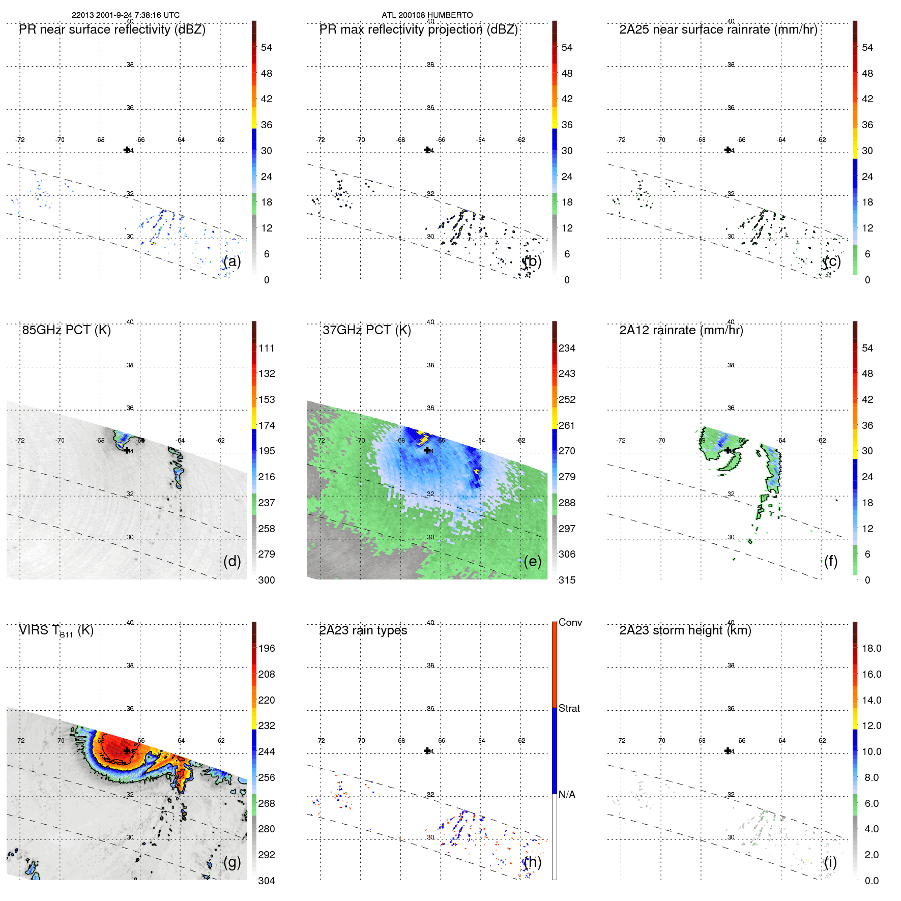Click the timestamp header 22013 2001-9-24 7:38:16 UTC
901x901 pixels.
(125, 15)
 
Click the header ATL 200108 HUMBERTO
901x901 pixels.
(427, 15)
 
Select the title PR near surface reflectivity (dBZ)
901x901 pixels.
(112, 30)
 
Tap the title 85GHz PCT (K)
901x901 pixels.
(66, 330)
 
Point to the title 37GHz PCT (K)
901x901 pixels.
(366, 330)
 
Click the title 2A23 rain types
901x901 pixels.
(363, 630)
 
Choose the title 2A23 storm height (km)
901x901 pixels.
(685, 630)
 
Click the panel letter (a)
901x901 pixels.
(232, 261)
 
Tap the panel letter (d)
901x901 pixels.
(232, 561)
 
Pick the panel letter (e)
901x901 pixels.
(533, 561)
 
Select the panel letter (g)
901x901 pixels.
(232, 862)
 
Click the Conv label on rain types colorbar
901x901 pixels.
(570, 622)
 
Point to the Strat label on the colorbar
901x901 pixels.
(569, 708)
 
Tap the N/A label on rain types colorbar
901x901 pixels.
(567, 795)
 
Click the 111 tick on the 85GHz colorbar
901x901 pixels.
(267, 348)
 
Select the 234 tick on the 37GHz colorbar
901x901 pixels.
(567, 348)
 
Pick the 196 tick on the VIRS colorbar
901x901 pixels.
(267, 648)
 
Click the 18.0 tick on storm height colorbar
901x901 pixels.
(871, 648)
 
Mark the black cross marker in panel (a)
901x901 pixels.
(127, 150)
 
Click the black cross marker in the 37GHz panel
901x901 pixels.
(427, 450)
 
